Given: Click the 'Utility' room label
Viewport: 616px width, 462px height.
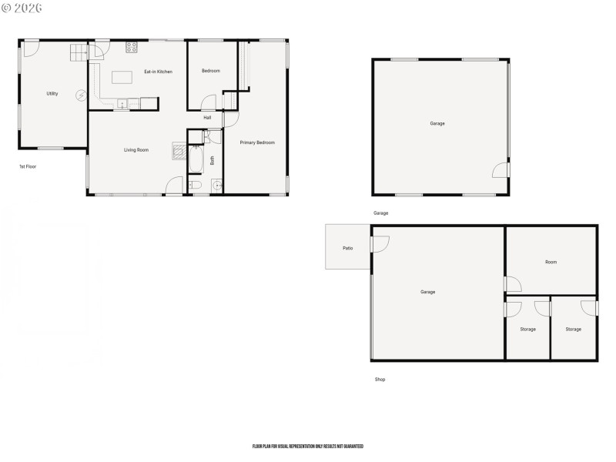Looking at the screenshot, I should [52, 93].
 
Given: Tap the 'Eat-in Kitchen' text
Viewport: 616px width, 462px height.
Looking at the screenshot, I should [158, 72].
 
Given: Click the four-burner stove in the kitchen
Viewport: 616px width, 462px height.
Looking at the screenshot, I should [132, 46].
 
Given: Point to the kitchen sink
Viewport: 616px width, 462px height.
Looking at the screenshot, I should [122, 103].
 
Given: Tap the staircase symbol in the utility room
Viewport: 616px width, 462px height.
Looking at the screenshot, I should [80, 52].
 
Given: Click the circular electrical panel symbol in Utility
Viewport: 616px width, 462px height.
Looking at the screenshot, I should [81, 95].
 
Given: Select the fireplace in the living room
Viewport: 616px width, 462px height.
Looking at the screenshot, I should [179, 150].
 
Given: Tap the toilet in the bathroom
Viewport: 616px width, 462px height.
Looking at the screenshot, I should [196, 186].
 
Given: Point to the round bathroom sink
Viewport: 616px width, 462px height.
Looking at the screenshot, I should [216, 186].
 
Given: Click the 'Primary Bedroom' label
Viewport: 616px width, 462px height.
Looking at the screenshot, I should [256, 142].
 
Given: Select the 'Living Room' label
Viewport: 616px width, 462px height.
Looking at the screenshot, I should [136, 149].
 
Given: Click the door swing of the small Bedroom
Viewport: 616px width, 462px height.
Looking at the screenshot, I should [209, 103].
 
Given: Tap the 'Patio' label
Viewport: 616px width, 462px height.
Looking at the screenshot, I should [347, 247].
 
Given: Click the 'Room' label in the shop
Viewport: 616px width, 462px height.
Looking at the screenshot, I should [551, 262].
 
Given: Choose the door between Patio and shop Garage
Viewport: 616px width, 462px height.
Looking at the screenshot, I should [379, 244].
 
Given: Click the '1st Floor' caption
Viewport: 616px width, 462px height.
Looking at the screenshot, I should [28, 166].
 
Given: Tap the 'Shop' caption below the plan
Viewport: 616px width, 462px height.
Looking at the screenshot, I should [380, 380].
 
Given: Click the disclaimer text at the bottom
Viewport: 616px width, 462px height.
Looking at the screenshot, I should [307, 447].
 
